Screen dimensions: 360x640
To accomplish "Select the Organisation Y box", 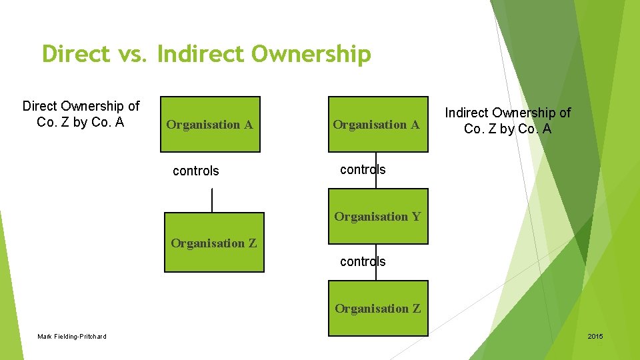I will click(378, 217).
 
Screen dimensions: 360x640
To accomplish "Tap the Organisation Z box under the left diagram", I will click(214, 243).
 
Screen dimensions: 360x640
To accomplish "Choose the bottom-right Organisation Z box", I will click(378, 309).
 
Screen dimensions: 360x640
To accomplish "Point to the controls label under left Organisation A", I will click(195, 171).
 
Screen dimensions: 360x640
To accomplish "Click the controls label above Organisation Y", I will click(363, 169).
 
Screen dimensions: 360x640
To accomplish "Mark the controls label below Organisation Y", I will click(363, 261).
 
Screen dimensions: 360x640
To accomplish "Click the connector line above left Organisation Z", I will click(212, 200).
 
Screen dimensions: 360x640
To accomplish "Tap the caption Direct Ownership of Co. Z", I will click(81, 114).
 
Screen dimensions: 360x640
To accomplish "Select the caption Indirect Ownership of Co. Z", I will click(508, 121).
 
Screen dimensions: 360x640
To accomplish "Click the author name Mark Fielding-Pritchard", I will click(72, 336).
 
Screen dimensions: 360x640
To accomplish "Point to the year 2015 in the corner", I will click(595, 336).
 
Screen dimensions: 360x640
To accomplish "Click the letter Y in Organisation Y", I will click(416, 217).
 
